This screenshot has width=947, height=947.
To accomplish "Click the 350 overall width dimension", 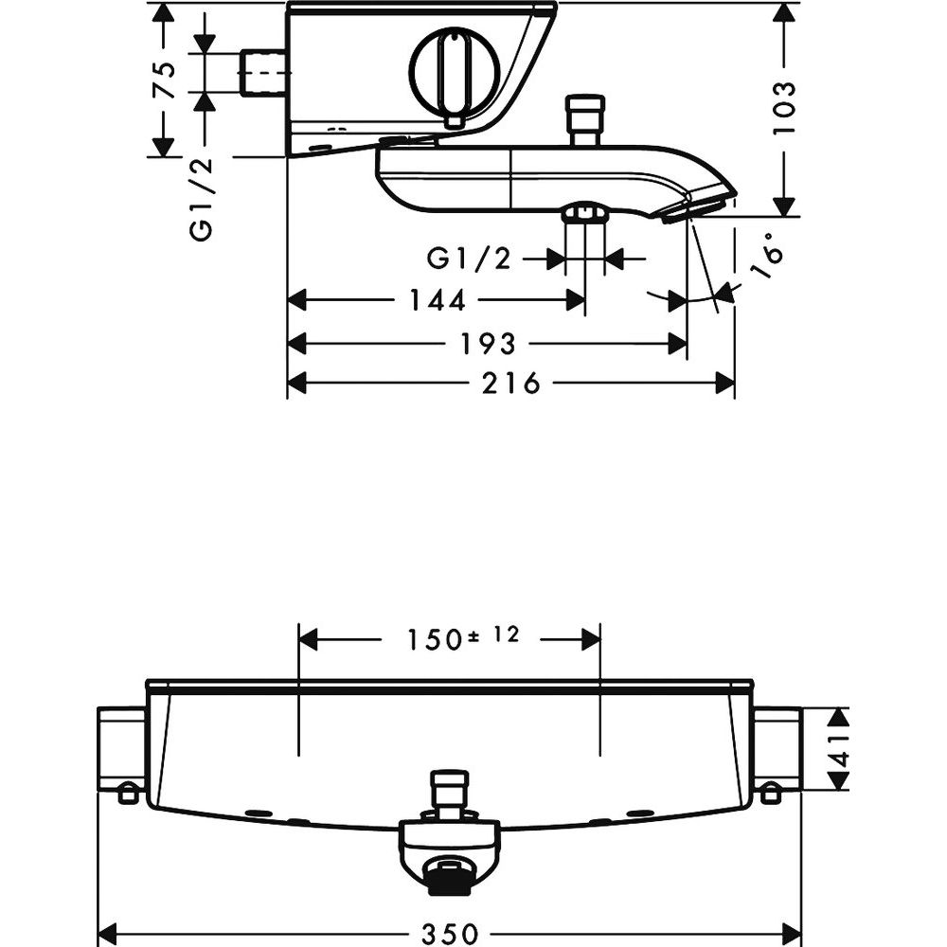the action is click(x=449, y=933).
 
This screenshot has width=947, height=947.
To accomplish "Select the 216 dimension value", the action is click(x=510, y=383).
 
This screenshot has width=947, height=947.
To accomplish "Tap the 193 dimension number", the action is click(x=488, y=345).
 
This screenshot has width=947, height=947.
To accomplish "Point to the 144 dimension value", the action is click(x=438, y=300).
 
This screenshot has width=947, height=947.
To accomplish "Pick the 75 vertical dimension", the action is click(x=164, y=80).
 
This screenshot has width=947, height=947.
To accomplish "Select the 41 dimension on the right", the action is click(x=838, y=749).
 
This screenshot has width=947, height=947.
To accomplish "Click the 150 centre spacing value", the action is click(x=436, y=640).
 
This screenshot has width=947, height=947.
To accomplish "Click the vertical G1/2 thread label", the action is click(x=201, y=199).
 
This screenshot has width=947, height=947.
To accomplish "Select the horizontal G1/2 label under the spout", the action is click(x=470, y=259).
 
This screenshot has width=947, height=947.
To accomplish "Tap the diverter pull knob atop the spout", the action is click(x=584, y=120).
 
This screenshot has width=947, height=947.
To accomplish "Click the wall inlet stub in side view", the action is click(x=264, y=73).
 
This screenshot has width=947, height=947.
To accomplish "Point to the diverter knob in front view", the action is click(x=449, y=792).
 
